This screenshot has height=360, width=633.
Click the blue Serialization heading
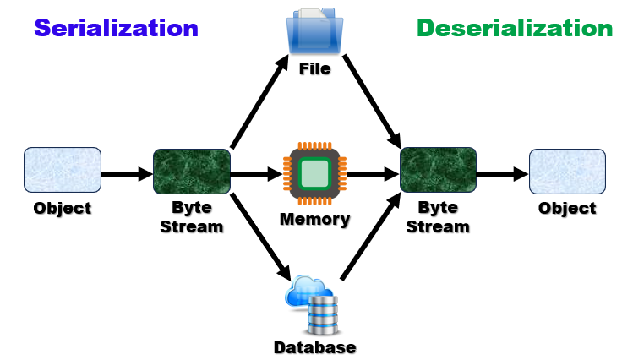tap(116, 28)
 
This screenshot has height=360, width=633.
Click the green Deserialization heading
tap(514, 28)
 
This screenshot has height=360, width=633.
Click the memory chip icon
tap(314, 174)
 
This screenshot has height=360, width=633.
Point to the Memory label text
tap(314, 220)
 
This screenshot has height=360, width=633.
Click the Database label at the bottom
tap(314, 347)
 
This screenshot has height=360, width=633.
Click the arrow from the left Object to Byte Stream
tap(127, 175)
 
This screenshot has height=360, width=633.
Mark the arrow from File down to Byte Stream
tap(372, 99)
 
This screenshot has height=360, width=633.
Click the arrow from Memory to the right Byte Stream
tap(372, 175)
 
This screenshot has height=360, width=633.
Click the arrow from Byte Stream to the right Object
tap(502, 175)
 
